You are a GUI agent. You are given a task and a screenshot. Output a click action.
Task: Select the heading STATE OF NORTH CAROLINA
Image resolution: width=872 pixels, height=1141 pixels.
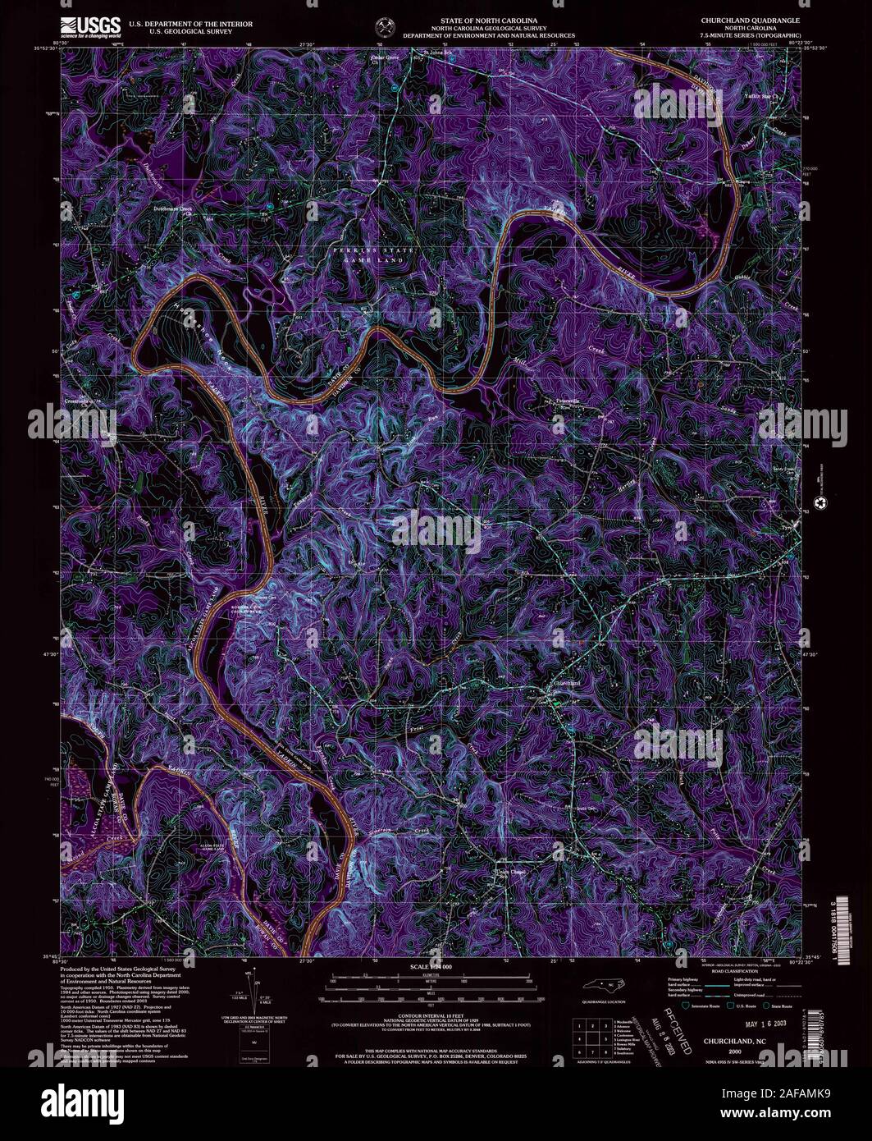point(483,18)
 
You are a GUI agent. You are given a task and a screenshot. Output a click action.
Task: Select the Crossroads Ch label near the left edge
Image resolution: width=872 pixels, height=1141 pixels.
point(82,402)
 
